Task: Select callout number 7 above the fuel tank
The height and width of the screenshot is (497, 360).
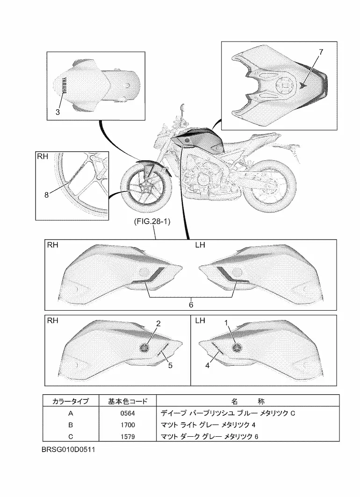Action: (x=321, y=52)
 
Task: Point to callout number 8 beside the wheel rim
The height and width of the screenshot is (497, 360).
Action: (x=47, y=196)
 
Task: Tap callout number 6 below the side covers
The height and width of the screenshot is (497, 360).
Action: (x=191, y=304)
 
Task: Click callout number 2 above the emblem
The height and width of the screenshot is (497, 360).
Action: (x=158, y=323)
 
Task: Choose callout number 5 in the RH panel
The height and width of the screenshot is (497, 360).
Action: (x=170, y=366)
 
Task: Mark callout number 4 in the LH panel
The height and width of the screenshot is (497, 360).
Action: (x=207, y=366)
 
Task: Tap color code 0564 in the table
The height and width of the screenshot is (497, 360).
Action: (x=127, y=413)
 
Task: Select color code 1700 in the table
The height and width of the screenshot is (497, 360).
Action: (x=127, y=425)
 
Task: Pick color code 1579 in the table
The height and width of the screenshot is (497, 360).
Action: (x=127, y=437)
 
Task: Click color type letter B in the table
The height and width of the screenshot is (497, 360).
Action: (x=70, y=425)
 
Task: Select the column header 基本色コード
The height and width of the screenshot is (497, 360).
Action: (x=128, y=401)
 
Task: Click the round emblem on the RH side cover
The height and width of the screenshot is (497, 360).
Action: (x=145, y=347)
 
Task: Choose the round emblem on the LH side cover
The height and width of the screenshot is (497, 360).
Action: (x=238, y=347)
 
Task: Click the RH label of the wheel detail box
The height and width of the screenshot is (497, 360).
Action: (x=43, y=158)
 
